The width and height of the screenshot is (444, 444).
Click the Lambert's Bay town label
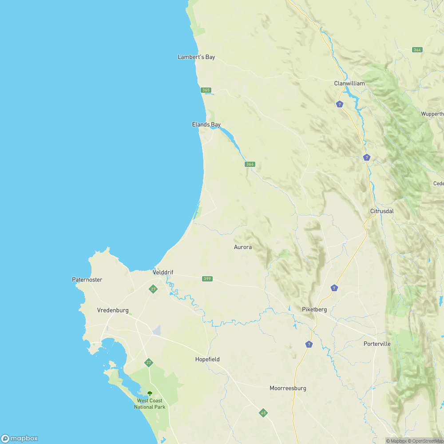[x=196, y=57]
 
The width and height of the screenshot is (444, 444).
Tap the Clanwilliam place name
[x=349, y=83]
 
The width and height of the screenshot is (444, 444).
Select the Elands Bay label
[x=206, y=125]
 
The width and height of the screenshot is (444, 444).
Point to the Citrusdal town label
[x=382, y=211]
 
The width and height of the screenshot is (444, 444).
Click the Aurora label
[x=243, y=247]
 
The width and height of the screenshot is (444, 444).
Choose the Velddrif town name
[x=163, y=272]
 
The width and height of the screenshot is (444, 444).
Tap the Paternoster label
[x=87, y=280]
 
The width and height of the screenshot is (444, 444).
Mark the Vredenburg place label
[x=113, y=310]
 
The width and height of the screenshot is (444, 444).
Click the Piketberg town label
[x=314, y=309]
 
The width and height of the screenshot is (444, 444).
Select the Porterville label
[x=377, y=344]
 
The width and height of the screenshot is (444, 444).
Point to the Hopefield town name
[x=207, y=359]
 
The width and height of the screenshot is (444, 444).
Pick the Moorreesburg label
[x=288, y=388]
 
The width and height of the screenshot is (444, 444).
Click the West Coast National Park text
[x=150, y=404]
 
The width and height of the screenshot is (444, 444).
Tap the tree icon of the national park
[x=150, y=393]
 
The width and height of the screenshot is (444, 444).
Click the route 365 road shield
[x=206, y=90]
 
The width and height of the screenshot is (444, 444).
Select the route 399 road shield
[x=207, y=279]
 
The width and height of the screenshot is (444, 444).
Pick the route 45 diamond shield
[x=263, y=413]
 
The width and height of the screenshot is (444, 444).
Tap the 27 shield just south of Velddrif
[x=153, y=289]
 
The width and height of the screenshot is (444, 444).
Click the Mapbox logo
[x=20, y=438]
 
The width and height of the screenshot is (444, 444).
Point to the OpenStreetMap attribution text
[x=426, y=441]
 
